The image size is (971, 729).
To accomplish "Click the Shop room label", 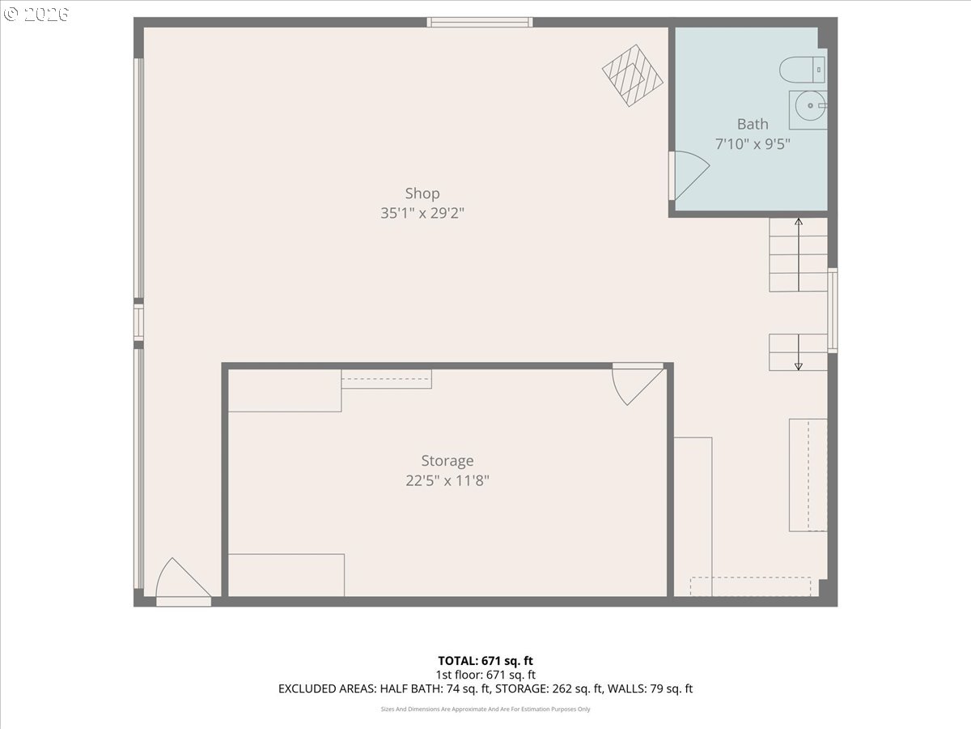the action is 422,194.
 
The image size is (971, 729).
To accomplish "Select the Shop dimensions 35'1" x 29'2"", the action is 422,213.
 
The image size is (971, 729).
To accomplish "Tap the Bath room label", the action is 753,124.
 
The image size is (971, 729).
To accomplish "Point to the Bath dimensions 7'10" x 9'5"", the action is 753,144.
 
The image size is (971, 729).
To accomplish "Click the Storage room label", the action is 447,461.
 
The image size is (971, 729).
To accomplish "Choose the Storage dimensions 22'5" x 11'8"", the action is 447,480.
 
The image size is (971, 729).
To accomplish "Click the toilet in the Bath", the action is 802,70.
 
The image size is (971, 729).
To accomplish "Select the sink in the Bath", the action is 808,110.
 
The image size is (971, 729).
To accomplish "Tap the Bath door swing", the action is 689,175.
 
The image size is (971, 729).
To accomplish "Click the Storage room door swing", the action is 638,384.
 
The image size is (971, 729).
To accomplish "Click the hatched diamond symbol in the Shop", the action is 633,75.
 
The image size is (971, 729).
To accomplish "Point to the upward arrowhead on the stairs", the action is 799,222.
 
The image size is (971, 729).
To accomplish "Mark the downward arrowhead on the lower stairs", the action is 799,366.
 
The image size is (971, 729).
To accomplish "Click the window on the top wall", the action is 480,22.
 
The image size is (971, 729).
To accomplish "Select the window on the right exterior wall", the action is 833,310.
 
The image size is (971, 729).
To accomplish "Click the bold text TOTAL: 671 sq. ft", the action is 485,661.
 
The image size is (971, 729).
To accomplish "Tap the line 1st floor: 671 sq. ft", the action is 485,675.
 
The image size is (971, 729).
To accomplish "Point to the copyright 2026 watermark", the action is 36,14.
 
